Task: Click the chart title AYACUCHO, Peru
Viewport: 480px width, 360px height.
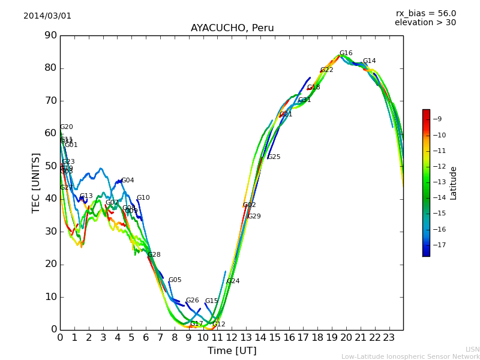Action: (x=232, y=28)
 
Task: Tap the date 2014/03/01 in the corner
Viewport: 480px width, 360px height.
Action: (x=47, y=16)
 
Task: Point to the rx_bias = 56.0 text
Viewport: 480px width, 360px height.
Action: (x=425, y=13)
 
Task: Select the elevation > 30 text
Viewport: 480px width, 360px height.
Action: (x=425, y=23)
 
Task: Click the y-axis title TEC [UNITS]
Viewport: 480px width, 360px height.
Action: (x=36, y=182)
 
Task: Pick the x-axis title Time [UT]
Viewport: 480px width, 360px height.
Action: (x=232, y=351)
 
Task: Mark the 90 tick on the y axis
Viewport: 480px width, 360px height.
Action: (x=50, y=35)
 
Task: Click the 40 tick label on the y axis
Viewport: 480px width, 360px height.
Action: (x=50, y=199)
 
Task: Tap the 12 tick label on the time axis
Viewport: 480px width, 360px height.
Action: (x=232, y=338)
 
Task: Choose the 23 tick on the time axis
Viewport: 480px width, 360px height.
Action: (x=389, y=338)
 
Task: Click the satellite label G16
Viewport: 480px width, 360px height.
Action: (x=346, y=53)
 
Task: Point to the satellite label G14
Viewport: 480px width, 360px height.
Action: (x=369, y=61)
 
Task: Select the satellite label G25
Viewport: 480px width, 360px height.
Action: (x=274, y=157)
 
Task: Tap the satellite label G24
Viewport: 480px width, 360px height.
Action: (x=233, y=281)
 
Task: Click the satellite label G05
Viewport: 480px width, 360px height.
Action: (x=175, y=280)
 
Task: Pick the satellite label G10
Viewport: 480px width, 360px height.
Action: (x=143, y=198)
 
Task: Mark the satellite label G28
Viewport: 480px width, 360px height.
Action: (x=154, y=255)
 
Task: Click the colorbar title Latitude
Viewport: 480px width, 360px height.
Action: (x=453, y=183)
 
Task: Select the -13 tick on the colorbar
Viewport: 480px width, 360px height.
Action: (x=441, y=182)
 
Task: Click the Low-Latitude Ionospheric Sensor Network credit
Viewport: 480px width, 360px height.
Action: (x=410, y=356)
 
